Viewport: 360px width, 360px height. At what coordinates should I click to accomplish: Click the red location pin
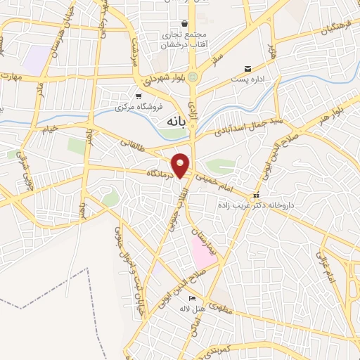point(181,165)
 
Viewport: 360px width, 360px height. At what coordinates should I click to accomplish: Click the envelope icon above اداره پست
point(247,69)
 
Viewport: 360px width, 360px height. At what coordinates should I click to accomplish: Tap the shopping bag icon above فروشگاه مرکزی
point(139,96)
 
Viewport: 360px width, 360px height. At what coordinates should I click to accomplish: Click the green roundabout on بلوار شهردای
point(193,77)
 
